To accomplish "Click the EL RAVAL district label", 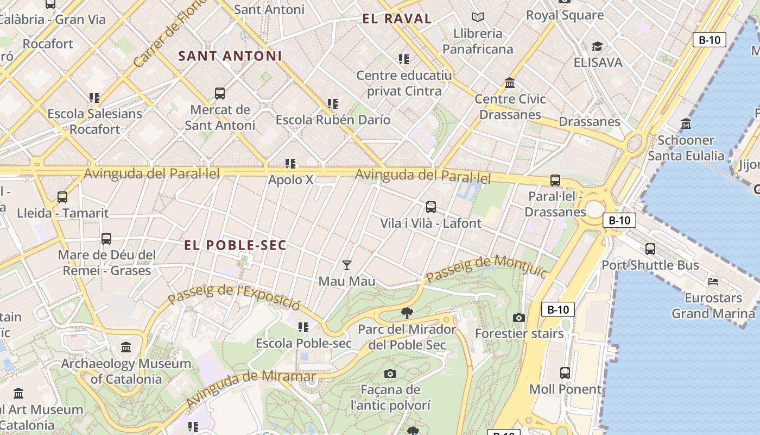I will click(397, 19).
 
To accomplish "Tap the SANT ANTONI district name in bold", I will click(230, 56).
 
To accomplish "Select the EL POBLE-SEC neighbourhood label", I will click(235, 245).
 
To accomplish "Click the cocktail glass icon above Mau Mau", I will click(347, 265).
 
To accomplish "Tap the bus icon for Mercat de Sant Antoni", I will click(220, 94).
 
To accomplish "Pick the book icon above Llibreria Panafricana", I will click(478, 17).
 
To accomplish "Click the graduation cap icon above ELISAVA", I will click(598, 47).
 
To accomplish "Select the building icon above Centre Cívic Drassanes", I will click(510, 83).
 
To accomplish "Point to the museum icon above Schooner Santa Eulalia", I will click(686, 124).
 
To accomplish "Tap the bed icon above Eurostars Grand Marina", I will click(713, 282).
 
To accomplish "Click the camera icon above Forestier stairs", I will click(519, 318).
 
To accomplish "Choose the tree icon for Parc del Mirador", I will click(407, 313).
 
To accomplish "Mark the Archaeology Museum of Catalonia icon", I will click(126, 347).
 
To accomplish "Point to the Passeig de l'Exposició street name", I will click(233, 296).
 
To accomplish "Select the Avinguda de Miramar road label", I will click(251, 388).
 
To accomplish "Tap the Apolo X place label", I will click(290, 179).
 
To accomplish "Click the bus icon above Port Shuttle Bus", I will click(650, 249).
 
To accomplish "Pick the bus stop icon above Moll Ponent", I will click(565, 373).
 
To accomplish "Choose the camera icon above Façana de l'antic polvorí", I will click(390, 374).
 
